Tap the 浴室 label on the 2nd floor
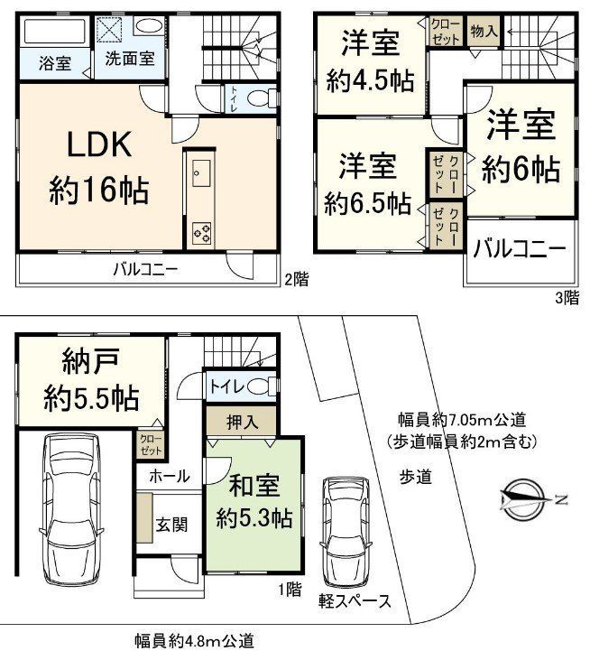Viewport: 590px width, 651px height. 56,64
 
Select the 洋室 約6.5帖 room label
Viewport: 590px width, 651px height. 367,184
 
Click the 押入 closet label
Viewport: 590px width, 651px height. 237,421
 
